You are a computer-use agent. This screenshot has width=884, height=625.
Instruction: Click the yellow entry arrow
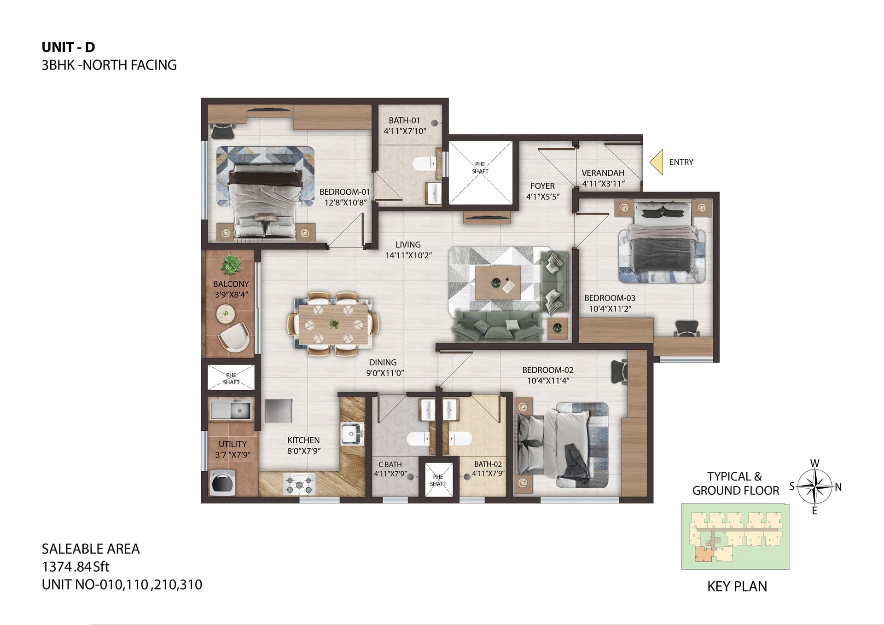click(x=657, y=162)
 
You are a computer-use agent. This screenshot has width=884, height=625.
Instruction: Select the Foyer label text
click(x=542, y=186)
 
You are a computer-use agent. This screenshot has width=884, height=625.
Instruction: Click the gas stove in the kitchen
click(x=300, y=483)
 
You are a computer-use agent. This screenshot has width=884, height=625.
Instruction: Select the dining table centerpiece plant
click(x=334, y=324)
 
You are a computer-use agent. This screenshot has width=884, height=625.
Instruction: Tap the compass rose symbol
click(x=814, y=486)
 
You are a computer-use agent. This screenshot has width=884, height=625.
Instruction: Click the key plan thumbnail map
click(x=736, y=537)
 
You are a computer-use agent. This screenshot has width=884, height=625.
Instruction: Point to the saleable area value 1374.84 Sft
click(x=76, y=567)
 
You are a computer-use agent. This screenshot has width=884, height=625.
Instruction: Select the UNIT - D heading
click(x=68, y=47)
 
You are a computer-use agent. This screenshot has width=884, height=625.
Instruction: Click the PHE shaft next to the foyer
click(x=480, y=172)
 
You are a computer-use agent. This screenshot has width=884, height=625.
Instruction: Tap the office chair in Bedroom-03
click(x=686, y=328)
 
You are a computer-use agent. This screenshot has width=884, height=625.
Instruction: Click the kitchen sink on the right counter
click(x=352, y=434)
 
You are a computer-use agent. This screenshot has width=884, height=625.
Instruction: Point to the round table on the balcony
click(x=226, y=314)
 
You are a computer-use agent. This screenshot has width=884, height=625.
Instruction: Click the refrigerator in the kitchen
click(x=279, y=411)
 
